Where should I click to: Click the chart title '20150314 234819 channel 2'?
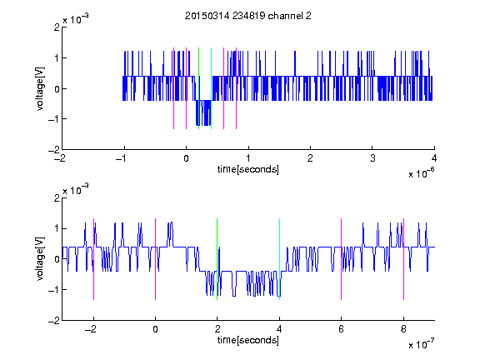point(248,16)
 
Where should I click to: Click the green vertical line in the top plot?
point(198,88)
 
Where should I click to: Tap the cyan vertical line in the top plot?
point(211,88)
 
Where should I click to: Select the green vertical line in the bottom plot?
point(217,259)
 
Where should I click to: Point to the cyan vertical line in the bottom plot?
point(279,259)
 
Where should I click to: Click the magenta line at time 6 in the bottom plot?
point(342,259)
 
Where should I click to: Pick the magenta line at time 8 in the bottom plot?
point(404,259)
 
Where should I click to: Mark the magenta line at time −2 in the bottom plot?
point(93,259)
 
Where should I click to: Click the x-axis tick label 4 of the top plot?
point(434,158)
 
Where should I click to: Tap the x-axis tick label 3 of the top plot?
point(372,158)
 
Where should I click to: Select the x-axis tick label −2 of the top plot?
point(60,158)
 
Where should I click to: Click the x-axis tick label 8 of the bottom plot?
point(403,329)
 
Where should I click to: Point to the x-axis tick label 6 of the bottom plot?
point(342,329)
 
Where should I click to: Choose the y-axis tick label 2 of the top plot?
point(57,27)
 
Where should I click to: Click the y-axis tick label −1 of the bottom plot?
point(54,290)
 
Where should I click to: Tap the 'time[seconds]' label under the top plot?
point(248,169)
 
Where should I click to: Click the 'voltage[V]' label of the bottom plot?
point(40,259)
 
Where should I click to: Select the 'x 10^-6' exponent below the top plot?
point(421,173)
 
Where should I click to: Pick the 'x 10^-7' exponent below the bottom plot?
point(421,344)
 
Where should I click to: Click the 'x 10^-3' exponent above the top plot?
point(76,19)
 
